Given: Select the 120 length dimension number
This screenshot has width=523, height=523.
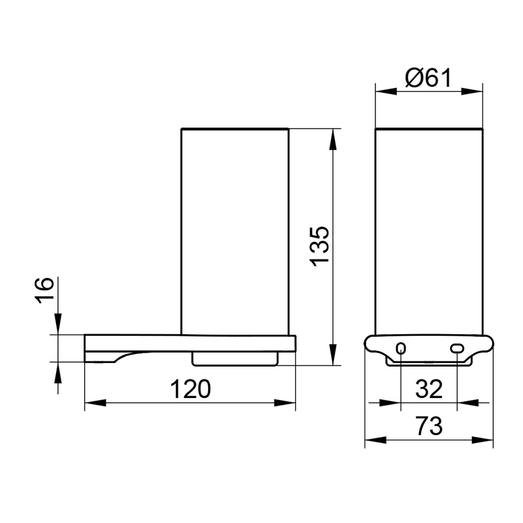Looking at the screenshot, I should [190, 389].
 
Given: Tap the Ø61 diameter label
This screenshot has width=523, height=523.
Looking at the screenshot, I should [429, 78].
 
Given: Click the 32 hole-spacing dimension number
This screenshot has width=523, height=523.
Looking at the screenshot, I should [429, 389].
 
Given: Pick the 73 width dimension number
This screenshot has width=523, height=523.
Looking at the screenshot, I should [429, 426].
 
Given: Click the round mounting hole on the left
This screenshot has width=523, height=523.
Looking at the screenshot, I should [401, 349].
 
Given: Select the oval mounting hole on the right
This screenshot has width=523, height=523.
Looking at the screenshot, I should [457, 349].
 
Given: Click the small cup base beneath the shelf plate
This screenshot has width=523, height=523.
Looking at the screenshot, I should [235, 358].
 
